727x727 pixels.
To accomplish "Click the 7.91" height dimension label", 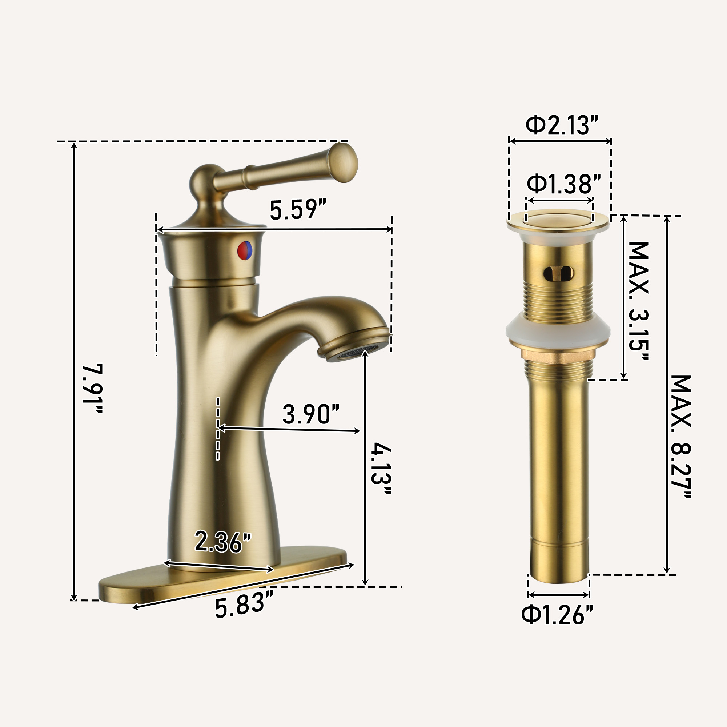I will [x=93, y=389].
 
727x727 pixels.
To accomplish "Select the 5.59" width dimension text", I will [x=298, y=210].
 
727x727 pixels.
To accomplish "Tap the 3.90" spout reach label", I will [x=311, y=414].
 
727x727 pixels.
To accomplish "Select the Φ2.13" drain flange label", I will [x=562, y=125].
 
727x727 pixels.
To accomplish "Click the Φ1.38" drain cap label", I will [x=563, y=184].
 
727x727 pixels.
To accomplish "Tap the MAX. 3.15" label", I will [x=639, y=301].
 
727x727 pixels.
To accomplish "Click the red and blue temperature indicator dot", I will [x=245, y=250].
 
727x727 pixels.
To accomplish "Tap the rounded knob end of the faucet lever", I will [x=343, y=163].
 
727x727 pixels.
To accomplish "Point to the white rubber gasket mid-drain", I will [x=558, y=328].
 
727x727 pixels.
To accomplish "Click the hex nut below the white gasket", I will [x=558, y=354].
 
